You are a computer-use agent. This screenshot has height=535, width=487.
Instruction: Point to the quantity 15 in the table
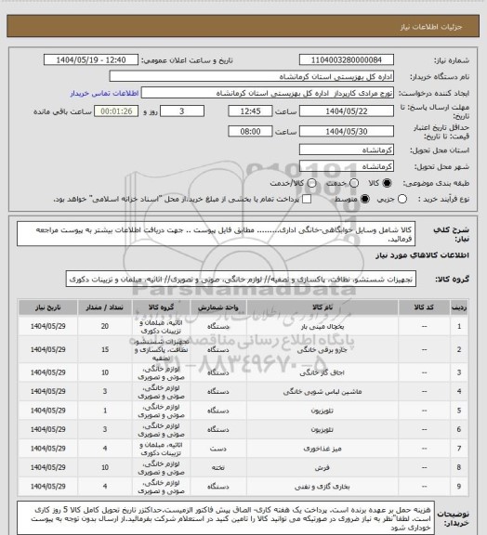click(x=104, y=349)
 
